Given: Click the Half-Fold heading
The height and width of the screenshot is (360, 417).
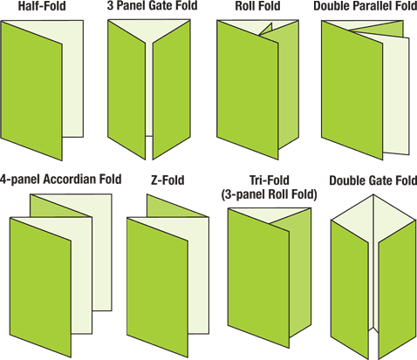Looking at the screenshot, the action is tap(42, 6).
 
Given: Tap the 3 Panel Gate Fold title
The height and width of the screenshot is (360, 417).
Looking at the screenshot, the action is tap(152, 5).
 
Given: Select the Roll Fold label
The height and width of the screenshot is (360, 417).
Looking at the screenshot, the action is tap(257, 6).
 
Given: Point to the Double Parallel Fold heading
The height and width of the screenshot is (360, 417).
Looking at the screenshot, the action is tap(366, 6).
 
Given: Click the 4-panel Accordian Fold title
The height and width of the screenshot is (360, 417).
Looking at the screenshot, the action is tap(60, 179).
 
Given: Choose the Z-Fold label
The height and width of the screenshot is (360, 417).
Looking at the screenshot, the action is tap(167, 180).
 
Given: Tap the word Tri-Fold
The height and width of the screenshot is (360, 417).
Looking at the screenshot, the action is tap(270, 180).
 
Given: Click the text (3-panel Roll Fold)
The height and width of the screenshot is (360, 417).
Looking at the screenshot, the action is tap(269, 194).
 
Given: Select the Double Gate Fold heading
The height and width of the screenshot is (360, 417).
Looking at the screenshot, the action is tap(373, 180).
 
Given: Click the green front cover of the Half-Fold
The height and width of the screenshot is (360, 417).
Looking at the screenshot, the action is tap(31, 91).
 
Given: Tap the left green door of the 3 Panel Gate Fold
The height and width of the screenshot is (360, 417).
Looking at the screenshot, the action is tap(126, 90).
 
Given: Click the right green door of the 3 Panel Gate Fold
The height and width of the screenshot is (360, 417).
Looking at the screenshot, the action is tap(172, 90).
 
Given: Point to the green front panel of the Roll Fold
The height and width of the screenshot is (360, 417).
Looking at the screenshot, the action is tap(248, 90).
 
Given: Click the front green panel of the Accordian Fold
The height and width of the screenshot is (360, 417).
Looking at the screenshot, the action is tap(41, 288).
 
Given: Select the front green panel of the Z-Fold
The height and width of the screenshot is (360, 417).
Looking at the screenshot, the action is tap(157, 288).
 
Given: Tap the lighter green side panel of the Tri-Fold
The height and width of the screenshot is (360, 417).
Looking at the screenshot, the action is tap(300, 276).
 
